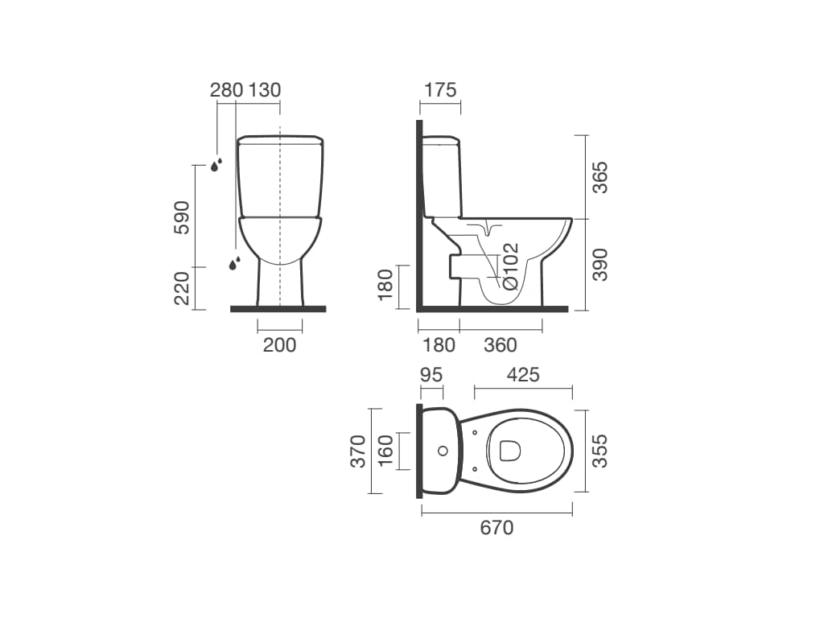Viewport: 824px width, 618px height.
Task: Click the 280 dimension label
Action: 226,90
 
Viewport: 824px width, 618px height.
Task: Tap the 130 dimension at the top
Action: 264,90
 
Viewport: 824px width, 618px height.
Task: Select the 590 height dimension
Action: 181,217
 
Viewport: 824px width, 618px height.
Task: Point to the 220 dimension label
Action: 181,289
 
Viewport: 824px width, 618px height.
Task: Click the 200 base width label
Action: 279,345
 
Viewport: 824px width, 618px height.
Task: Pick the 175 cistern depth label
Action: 440,90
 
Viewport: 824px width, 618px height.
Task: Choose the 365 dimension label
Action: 599,178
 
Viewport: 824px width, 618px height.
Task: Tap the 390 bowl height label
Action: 599,265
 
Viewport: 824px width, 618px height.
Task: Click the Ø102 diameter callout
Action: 510,266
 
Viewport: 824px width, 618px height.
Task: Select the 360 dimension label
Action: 501,345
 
